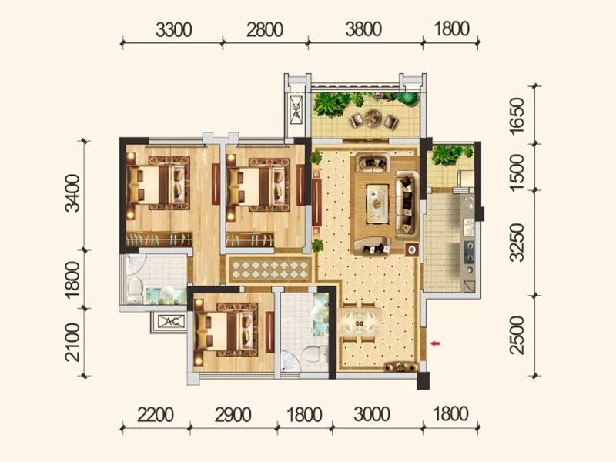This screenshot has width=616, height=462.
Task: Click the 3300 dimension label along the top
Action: click(x=173, y=30)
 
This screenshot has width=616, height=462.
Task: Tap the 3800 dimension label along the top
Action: click(x=363, y=29)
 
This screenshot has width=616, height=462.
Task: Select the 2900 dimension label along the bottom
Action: click(x=233, y=414)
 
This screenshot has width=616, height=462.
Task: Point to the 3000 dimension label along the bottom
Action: click(x=372, y=414)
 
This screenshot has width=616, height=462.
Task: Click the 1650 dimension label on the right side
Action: click(x=517, y=115)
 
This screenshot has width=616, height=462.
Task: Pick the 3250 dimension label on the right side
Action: click(x=517, y=243)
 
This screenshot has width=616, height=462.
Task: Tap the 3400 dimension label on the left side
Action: click(x=73, y=193)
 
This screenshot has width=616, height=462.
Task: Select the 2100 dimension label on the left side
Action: click(x=73, y=342)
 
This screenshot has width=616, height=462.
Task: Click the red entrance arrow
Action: click(x=435, y=343)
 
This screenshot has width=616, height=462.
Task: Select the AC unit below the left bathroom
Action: click(x=170, y=322)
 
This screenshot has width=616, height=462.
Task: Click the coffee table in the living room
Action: click(x=377, y=203)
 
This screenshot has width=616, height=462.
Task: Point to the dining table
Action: click(x=360, y=323)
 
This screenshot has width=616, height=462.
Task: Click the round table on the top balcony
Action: click(x=372, y=118)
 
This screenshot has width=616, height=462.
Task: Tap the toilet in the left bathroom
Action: click(x=134, y=290)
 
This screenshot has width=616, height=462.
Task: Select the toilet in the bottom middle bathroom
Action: click(x=314, y=353)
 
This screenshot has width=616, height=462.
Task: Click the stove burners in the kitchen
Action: click(x=469, y=252)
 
